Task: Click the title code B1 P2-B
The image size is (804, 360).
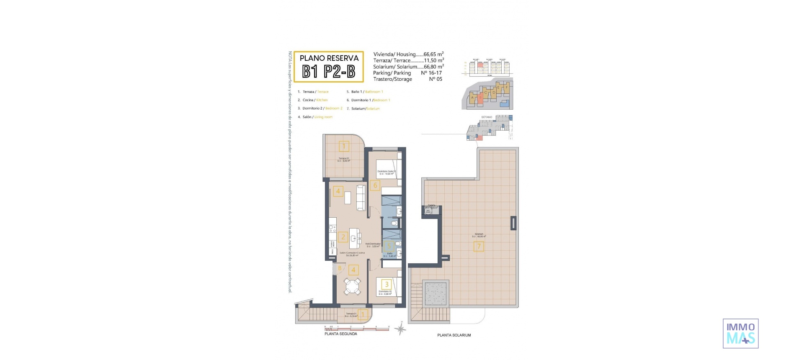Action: coord(329,72)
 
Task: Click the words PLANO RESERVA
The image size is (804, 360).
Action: coord(329,58)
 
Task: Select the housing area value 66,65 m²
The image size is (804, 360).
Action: coord(433,54)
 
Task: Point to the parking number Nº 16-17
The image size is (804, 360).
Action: coord(431,73)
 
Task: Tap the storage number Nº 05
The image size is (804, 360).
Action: coord(435,79)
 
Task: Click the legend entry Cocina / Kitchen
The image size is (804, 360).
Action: coord(313,100)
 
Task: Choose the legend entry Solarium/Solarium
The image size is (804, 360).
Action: coord(363,109)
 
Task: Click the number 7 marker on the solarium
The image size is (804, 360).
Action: coord(479,246)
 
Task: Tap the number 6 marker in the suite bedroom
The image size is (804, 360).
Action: coord(375,185)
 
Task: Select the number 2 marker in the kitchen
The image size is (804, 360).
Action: coord(343,237)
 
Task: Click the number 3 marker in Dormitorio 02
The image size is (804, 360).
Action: coord(387,284)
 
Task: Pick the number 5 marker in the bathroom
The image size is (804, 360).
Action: coord(388,246)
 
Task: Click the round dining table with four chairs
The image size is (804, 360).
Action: coord(352,287)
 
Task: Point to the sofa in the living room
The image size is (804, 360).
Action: coord(361,198)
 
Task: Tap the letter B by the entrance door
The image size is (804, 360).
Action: coord(340,268)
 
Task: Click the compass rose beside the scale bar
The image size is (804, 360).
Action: coord(401,329)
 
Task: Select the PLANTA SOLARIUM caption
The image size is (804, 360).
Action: coord(454,335)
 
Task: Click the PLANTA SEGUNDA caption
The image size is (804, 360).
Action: coord(341,334)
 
